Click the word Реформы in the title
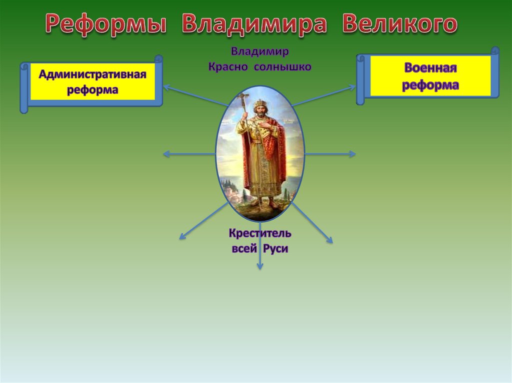tap(106, 24)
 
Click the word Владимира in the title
tap(254, 24)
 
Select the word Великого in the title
tap(399, 23)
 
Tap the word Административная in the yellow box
tap(92, 74)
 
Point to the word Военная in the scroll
tap(430, 68)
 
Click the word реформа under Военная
tap(430, 85)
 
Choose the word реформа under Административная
tap(92, 90)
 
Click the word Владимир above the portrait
tap(260, 51)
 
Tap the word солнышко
tap(282, 67)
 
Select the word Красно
tap(228, 67)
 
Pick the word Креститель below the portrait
tap(260, 233)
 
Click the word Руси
tap(275, 249)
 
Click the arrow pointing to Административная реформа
tap(195, 95)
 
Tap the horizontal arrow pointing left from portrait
tap(189, 154)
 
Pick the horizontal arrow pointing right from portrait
tap(330, 154)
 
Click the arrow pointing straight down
tap(260, 246)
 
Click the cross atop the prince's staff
tap(244, 97)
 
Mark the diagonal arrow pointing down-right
tap(312, 223)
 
